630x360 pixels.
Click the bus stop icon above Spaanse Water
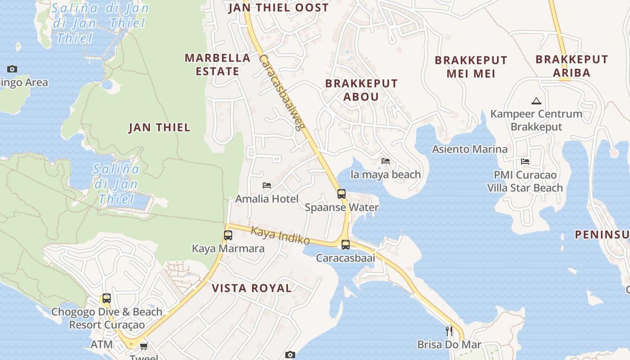[x=342, y=194]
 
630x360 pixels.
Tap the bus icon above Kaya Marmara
[x=228, y=235]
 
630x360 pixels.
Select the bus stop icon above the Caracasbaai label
[x=346, y=245]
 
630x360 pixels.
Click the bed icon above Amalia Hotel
[x=267, y=185]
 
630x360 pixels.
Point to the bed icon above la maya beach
[x=386, y=161]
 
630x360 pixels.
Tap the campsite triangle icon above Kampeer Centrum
[x=536, y=101]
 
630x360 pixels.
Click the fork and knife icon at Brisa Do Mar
[x=449, y=331]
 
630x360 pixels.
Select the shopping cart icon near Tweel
[x=144, y=346]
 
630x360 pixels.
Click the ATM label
[x=102, y=345]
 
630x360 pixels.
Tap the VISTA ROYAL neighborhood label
[x=252, y=288]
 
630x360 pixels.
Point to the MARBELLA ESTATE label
[x=217, y=64]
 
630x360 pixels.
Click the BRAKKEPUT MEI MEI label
[x=471, y=67]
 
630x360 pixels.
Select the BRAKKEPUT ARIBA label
[x=571, y=66]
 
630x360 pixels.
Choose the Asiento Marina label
[x=470, y=149]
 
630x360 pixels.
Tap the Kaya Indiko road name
[x=280, y=235]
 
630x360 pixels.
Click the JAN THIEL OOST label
[x=279, y=8]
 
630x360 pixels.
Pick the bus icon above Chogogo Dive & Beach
[x=107, y=298]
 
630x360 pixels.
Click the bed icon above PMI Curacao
[x=525, y=162]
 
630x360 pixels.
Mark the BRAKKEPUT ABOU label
[x=361, y=90]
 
